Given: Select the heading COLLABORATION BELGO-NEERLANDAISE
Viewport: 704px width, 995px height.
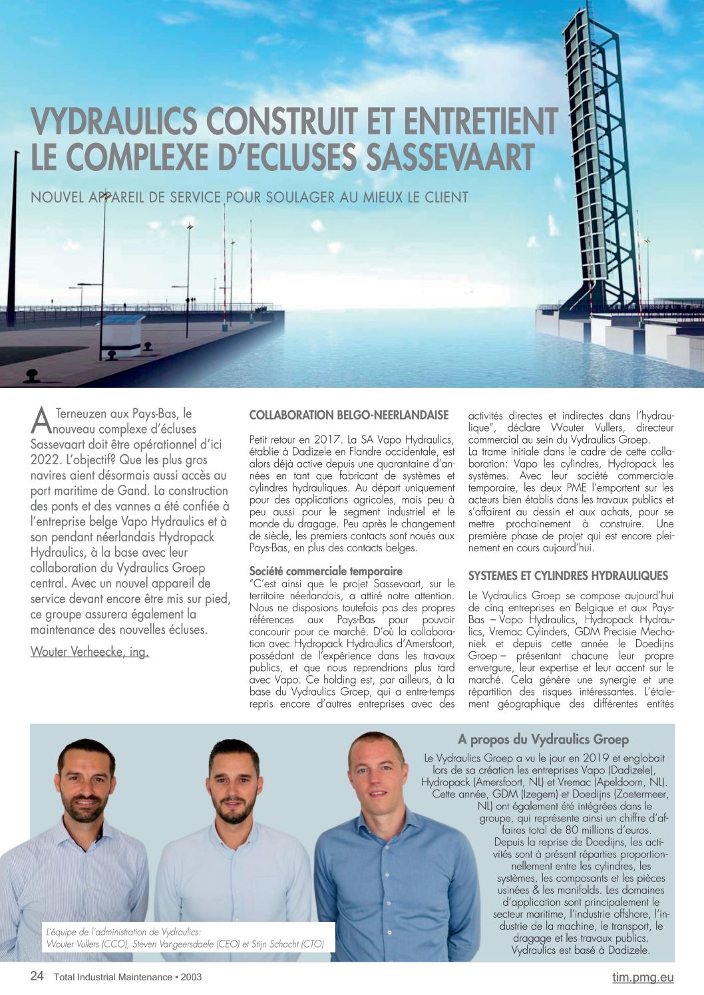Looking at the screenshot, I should pyautogui.click(x=349, y=415).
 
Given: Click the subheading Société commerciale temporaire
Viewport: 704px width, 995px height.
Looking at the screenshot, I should pyautogui.click(x=325, y=571).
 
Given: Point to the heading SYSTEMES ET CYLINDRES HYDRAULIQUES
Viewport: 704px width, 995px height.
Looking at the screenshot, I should pyautogui.click(x=568, y=576).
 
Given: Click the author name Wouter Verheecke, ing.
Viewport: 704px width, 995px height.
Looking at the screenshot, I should pyautogui.click(x=90, y=652).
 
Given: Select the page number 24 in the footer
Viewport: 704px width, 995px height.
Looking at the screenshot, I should pyautogui.click(x=37, y=976).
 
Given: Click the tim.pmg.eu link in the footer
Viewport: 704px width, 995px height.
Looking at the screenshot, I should pyautogui.click(x=643, y=977).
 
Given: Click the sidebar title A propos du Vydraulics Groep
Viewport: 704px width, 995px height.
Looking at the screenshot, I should pyautogui.click(x=543, y=739).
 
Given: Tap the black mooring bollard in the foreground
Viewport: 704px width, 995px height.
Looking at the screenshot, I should pyautogui.click(x=31, y=376).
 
